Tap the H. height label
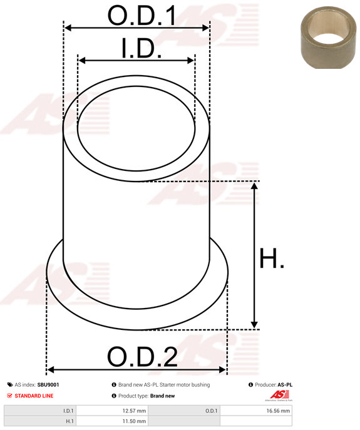pos(272,258)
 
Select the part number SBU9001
pos(48,385)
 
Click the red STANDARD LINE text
pos(34,396)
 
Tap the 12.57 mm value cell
pos(133,411)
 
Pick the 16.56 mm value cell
pos(277,411)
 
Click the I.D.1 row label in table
pos(68,411)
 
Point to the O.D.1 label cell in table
pos(211,411)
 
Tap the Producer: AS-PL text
pos(273,385)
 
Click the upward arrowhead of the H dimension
pos(254,187)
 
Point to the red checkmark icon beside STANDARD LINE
pos(10,396)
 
